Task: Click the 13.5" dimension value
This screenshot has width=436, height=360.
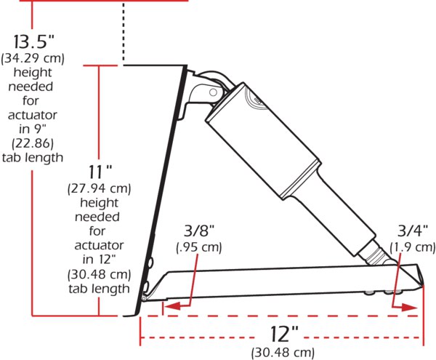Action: pyautogui.click(x=33, y=41)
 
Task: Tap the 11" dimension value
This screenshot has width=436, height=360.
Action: pyautogui.click(x=100, y=172)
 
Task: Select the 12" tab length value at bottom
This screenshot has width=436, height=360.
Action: pyautogui.click(x=284, y=334)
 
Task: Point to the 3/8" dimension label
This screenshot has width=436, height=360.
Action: pyautogui.click(x=199, y=231)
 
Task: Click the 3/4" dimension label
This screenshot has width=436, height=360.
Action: pyautogui.click(x=412, y=231)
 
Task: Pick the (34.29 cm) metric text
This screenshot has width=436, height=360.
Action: pyautogui.click(x=33, y=58)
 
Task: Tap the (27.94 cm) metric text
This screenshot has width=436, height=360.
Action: pyautogui.click(x=100, y=188)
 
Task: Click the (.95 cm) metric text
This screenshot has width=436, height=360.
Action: pyautogui.click(x=199, y=247)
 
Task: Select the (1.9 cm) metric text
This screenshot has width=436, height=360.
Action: pyautogui.click(x=413, y=247)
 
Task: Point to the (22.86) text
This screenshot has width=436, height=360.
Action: pyautogui.click(x=33, y=143)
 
